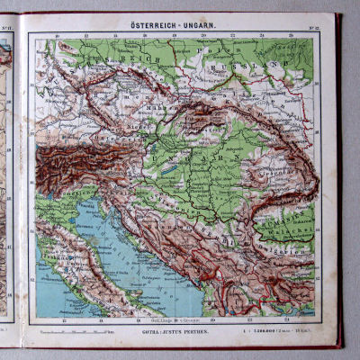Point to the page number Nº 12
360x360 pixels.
314,29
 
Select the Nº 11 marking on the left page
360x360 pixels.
8,30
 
